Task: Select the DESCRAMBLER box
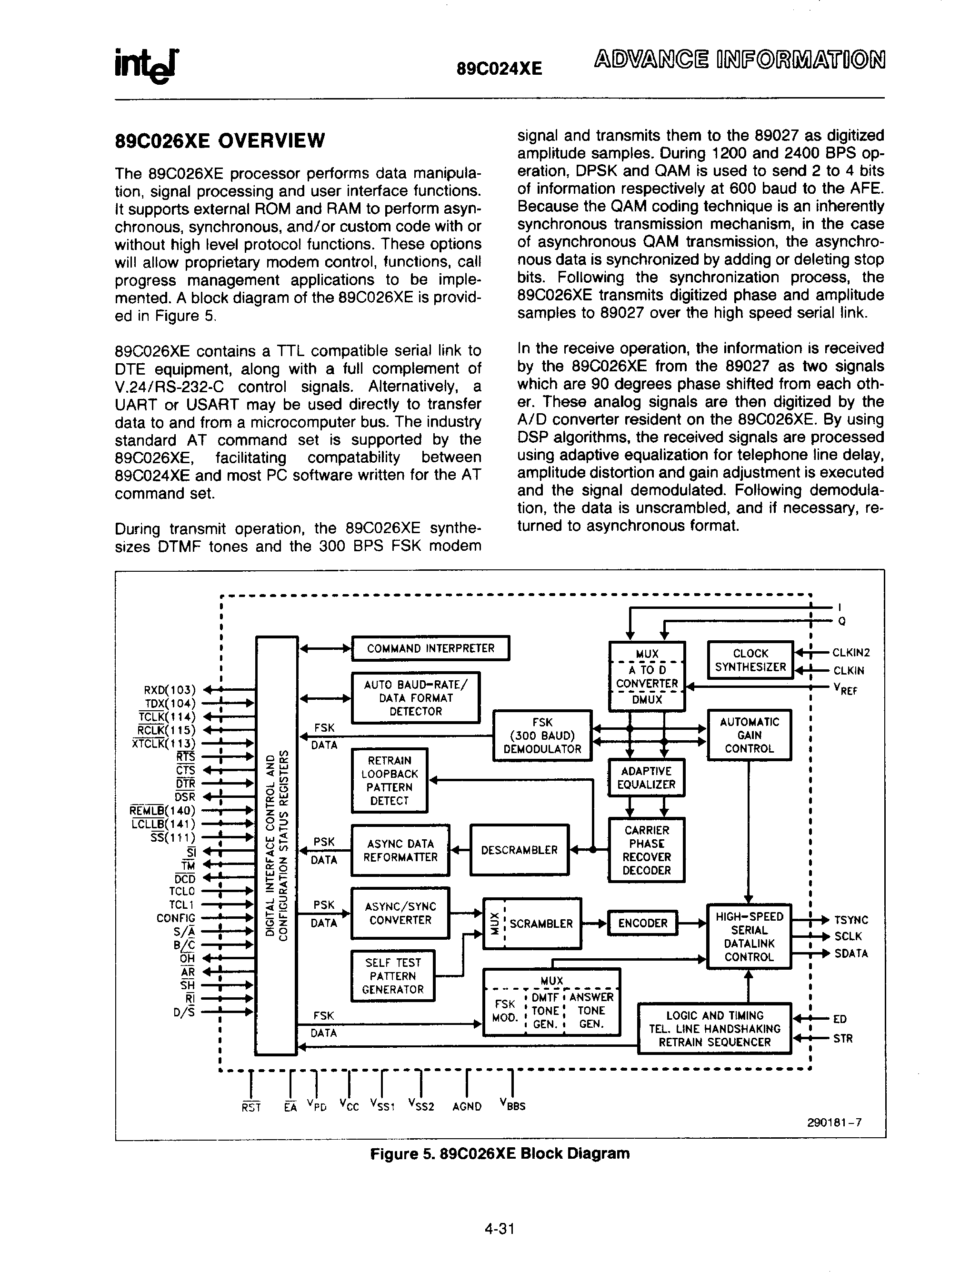(x=519, y=850)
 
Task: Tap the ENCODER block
(x=642, y=924)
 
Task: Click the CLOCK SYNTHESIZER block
(x=750, y=660)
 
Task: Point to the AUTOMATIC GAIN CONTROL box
(x=749, y=735)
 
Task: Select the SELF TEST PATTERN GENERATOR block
(x=392, y=976)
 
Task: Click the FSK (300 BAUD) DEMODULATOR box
(x=542, y=736)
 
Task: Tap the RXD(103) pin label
(x=170, y=689)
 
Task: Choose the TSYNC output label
(x=850, y=920)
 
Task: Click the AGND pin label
(x=467, y=1106)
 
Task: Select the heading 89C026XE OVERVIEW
(x=220, y=141)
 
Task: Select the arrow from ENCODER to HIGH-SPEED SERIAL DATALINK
(x=692, y=924)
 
